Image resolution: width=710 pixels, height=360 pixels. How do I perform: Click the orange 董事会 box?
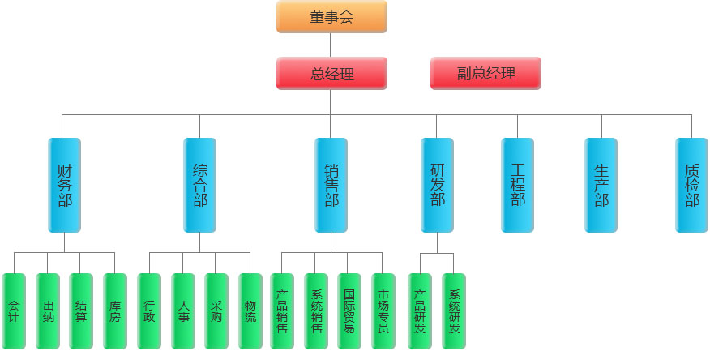tap(331, 17)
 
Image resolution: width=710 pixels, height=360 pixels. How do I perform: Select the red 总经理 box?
tap(331, 73)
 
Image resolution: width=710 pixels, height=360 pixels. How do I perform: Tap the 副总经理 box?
tap(485, 73)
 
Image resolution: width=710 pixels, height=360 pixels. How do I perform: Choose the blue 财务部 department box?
tap(65, 186)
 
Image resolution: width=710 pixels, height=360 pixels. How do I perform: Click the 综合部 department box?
tap(200, 186)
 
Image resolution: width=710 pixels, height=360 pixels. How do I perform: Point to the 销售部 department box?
tap(331, 186)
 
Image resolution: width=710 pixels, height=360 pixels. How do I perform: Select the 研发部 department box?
tap(437, 186)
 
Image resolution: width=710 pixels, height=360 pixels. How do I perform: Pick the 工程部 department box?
tap(518, 186)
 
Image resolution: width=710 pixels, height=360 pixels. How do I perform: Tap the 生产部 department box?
tap(601, 186)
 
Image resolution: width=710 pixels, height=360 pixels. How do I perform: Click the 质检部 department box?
tap(691, 186)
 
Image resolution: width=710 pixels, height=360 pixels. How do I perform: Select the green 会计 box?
tap(14, 311)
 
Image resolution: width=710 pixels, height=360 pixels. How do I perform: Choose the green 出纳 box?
tap(48, 311)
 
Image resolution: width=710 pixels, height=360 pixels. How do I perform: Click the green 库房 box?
tap(115, 311)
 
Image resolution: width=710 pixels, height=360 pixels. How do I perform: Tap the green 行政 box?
tap(149, 311)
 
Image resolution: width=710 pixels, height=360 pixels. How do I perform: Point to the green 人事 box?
tap(183, 311)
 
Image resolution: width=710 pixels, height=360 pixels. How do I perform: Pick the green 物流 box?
tap(250, 311)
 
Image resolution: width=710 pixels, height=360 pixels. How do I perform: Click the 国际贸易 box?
tap(349, 311)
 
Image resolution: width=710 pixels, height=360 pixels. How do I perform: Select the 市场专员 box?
tap(383, 311)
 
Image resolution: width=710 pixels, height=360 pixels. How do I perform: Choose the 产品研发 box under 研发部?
tap(420, 311)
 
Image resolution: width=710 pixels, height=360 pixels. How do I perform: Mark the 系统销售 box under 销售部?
tap(315, 311)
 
